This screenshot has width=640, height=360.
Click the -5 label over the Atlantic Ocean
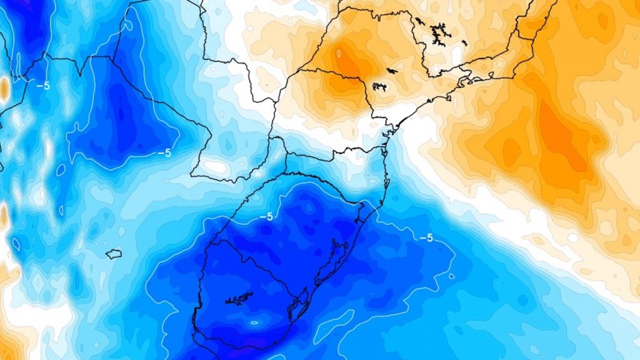(x=426, y=238)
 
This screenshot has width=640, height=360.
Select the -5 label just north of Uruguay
(x=266, y=217)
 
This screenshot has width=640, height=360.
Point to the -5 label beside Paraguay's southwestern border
(x=164, y=152)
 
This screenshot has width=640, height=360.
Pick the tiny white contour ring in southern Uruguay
(x=253, y=323)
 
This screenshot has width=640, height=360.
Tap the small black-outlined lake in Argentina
(x=113, y=254)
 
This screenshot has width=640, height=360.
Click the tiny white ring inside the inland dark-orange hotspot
(x=339, y=53)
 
